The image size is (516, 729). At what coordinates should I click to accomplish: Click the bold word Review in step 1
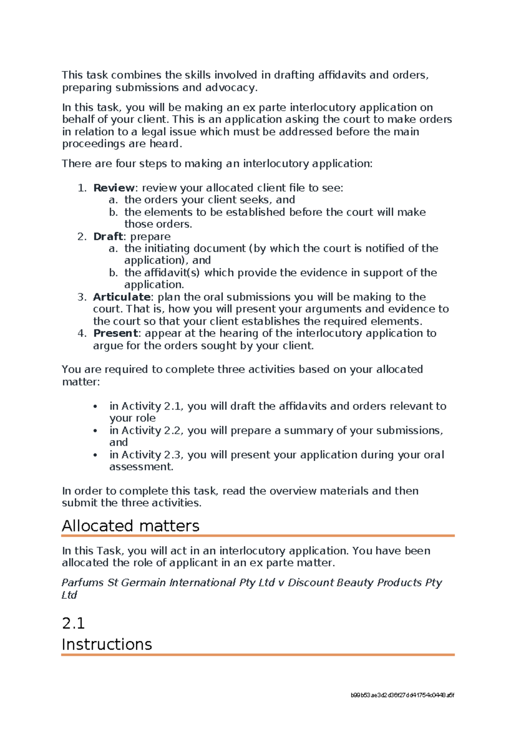pyautogui.click(x=114, y=188)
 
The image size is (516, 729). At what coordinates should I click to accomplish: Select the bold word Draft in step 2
pyautogui.click(x=107, y=236)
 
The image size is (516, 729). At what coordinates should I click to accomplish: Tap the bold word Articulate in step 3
pyautogui.click(x=121, y=297)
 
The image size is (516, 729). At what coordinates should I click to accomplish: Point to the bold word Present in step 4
pyautogui.click(x=115, y=333)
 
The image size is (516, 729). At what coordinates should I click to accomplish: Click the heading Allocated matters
pyautogui.click(x=130, y=526)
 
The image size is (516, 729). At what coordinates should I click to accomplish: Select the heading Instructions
pyautogui.click(x=107, y=644)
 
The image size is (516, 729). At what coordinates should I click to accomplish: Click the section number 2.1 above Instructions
pyautogui.click(x=73, y=623)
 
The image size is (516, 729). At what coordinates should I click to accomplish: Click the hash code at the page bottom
pyautogui.click(x=402, y=695)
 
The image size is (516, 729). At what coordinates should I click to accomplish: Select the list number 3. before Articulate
pyautogui.click(x=82, y=297)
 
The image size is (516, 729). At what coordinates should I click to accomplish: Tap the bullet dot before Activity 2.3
pyautogui.click(x=95, y=455)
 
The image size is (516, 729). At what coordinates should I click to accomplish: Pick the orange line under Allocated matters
pyautogui.click(x=258, y=536)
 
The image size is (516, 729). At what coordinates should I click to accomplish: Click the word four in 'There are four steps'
pyautogui.click(x=125, y=164)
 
